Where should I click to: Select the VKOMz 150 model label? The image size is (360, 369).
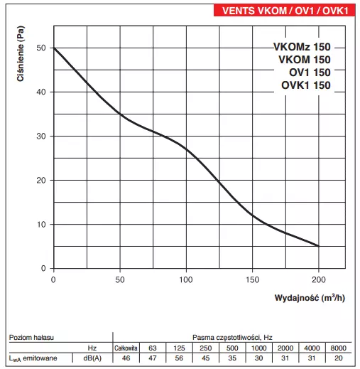pos(302,47)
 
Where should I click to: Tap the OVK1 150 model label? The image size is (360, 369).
pos(302,86)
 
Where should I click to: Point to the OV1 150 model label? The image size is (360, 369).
pos(307,73)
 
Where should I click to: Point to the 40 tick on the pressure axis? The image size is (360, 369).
pos(41,92)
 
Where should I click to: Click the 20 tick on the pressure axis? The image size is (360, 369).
pos(41,180)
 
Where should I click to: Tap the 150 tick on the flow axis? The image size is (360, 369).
pos(253,279)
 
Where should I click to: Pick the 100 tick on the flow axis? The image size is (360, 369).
pos(186,279)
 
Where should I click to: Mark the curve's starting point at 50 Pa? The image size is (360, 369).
pos(54,48)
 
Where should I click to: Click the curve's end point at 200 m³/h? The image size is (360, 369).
pos(319,246)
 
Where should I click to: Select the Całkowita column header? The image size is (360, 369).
pos(126,346)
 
